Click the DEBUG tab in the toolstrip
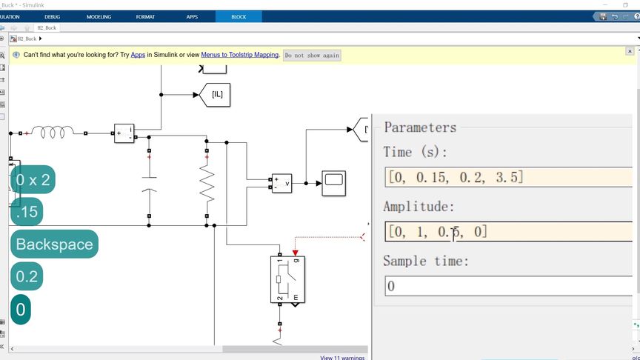pos(53,16)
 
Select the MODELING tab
pos(99,16)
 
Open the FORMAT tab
pos(145,16)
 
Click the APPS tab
pos(192,16)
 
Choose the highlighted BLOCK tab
pos(239,16)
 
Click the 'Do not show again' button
pos(312,55)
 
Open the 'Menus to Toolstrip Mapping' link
pos(240,55)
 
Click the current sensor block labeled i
pos(124,133)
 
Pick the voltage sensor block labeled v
pos(281,183)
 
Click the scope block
pos(333,182)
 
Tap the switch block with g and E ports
pos(287,280)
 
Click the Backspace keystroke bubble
pos(54,244)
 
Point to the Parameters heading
pos(420,127)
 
